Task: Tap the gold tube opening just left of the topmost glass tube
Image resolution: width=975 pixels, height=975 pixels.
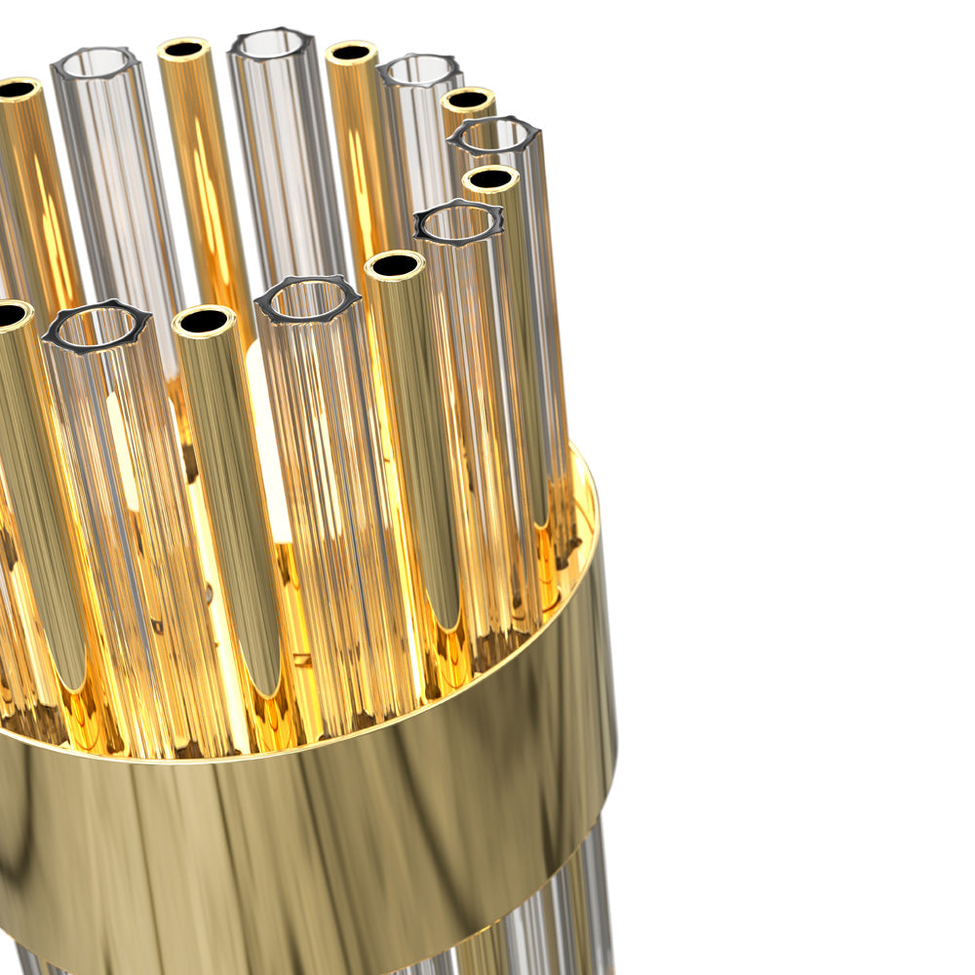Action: [x=184, y=49]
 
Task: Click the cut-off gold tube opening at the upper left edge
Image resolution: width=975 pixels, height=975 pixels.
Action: [x=16, y=89]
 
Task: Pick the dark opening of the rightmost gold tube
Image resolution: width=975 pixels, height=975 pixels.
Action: [x=490, y=178]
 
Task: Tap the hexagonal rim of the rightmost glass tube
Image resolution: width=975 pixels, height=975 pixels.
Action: [x=493, y=136]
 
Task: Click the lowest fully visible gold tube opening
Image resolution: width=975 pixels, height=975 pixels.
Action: [x=204, y=320]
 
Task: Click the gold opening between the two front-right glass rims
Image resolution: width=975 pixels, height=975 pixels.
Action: [x=395, y=264]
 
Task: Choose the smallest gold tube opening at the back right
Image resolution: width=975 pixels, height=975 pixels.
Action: [x=468, y=99]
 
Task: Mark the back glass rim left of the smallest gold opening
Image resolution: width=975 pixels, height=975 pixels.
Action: [x=420, y=70]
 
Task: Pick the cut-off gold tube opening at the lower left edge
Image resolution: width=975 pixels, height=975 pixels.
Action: [x=12, y=314]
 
